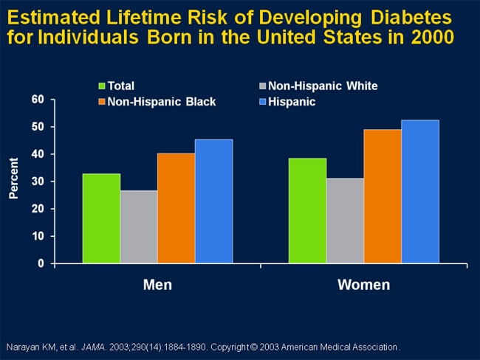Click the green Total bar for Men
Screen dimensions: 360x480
[x=101, y=218]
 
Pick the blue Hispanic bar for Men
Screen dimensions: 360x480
[x=213, y=201]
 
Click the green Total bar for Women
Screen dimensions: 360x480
[x=307, y=211]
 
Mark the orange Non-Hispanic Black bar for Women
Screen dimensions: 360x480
[x=383, y=196]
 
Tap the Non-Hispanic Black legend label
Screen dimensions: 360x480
[x=162, y=102]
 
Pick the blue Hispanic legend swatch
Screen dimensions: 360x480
[x=264, y=102]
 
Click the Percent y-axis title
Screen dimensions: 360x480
[x=14, y=181]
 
